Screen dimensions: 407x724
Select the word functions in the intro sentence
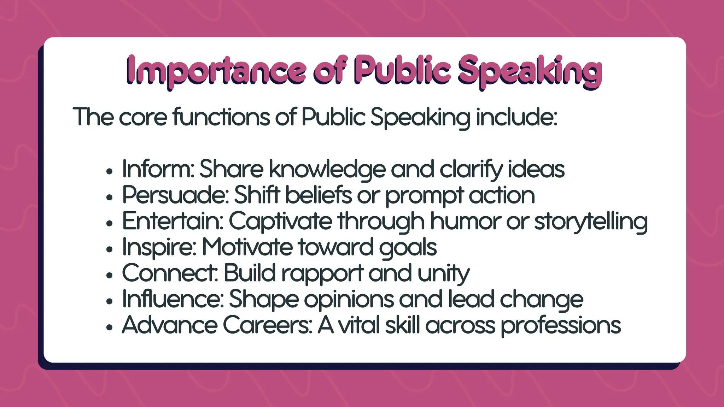coord(221,117)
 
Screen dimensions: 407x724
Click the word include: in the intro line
coord(516,117)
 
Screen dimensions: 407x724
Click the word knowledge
coord(327,170)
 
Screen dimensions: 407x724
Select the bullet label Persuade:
coord(175,195)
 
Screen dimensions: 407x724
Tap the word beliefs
coord(319,195)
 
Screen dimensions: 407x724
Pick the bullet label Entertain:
coord(173,221)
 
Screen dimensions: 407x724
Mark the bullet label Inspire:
coord(159,247)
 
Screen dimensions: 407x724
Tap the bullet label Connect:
coord(170,273)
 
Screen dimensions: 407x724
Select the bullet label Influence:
coord(173,299)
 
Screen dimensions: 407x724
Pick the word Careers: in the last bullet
coord(268,325)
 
